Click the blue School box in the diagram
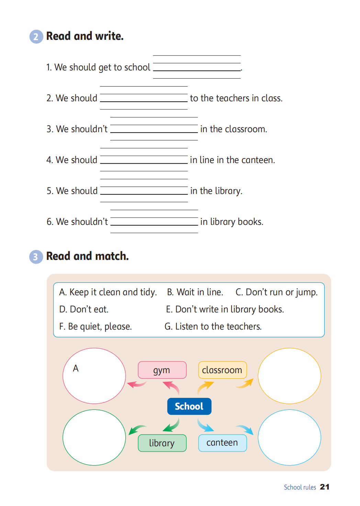point(189,406)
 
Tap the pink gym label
point(162,370)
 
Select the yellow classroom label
point(222,370)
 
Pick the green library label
point(162,443)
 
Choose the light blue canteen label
point(222,443)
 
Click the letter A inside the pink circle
point(76,368)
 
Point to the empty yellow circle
point(289,376)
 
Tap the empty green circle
point(94,437)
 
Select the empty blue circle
point(289,437)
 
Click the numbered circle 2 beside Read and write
point(36,37)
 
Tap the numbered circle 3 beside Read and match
point(36,257)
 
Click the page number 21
point(325,487)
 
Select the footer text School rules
point(300,487)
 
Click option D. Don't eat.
point(84,309)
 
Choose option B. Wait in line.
point(195,292)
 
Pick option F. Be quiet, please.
point(95,326)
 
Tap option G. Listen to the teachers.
point(213,326)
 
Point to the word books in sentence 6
point(250,222)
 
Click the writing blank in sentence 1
point(197,67)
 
